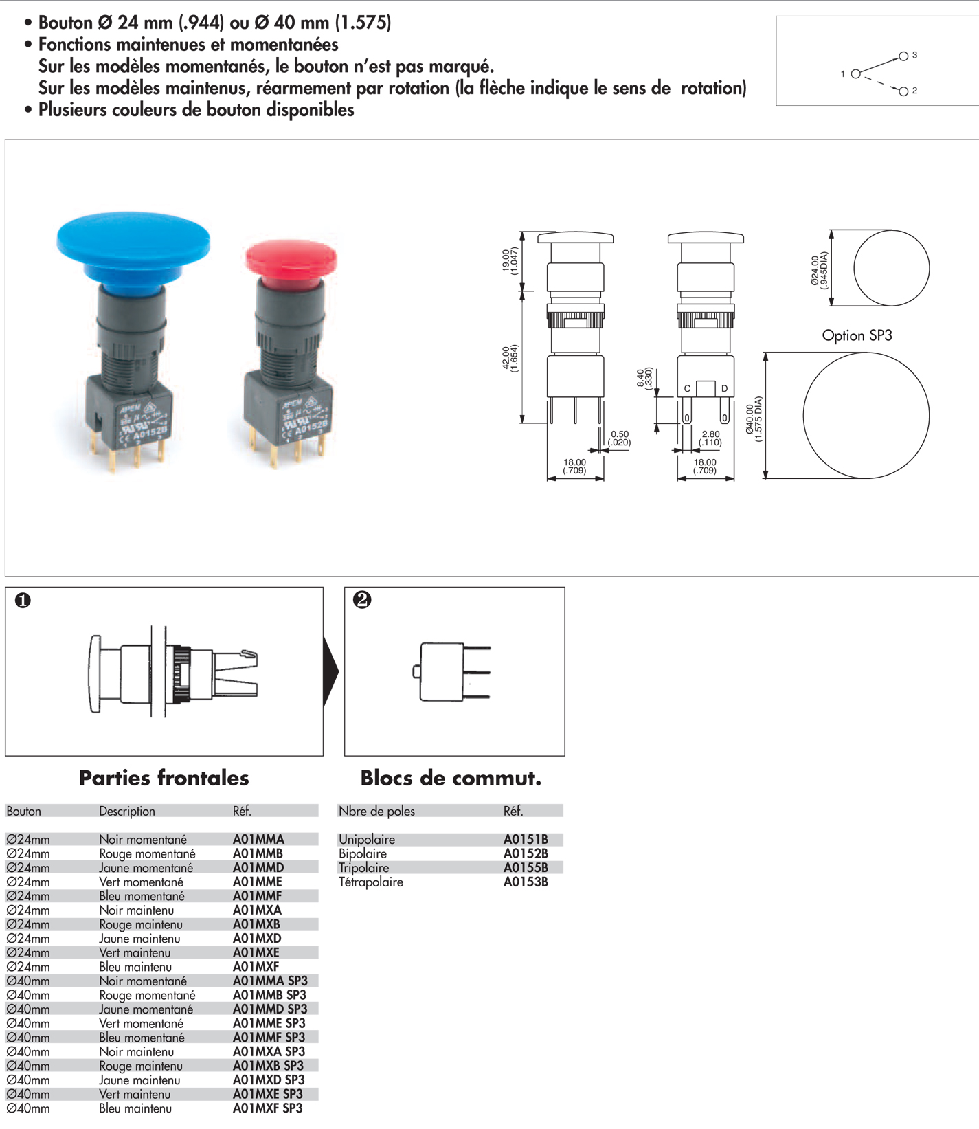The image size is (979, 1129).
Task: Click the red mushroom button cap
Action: pyautogui.click(x=291, y=258)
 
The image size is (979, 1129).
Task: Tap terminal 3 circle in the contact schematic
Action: pyautogui.click(x=903, y=56)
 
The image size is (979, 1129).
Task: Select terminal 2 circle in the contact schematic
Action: pyautogui.click(x=903, y=91)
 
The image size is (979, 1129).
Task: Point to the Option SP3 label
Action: pyautogui.click(x=857, y=335)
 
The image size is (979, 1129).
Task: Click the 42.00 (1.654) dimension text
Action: pyautogui.click(x=510, y=358)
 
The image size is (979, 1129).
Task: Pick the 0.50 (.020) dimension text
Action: pyautogui.click(x=619, y=438)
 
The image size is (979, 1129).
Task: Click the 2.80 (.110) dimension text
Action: pyautogui.click(x=710, y=438)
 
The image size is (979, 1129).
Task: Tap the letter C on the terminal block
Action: pyautogui.click(x=687, y=389)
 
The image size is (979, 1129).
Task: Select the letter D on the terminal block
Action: pyautogui.click(x=724, y=389)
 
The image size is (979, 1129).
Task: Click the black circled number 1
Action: pyautogui.click(x=23, y=601)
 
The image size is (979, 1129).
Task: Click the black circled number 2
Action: pyautogui.click(x=362, y=600)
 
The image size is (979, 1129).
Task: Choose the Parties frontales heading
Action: pyautogui.click(x=164, y=778)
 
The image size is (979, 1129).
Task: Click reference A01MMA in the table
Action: pyautogui.click(x=258, y=839)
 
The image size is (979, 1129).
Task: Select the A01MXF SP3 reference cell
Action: pyautogui.click(x=267, y=1108)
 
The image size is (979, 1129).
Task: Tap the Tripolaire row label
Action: pyautogui.click(x=363, y=868)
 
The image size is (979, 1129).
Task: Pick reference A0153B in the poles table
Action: pyautogui.click(x=526, y=882)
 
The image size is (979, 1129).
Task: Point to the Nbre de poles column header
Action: pyautogui.click(x=376, y=811)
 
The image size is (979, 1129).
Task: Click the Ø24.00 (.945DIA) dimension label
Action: pyautogui.click(x=819, y=269)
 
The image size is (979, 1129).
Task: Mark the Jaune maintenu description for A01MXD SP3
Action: pyautogui.click(x=139, y=1080)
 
